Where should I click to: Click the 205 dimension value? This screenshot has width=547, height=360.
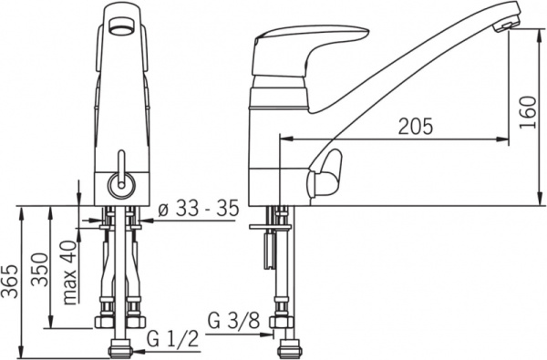[415, 126]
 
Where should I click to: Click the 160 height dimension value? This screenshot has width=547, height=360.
[528, 112]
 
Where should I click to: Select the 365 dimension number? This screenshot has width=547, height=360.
[9, 281]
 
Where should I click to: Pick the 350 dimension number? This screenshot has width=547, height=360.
[39, 269]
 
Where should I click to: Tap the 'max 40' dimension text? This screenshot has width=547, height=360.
[69, 273]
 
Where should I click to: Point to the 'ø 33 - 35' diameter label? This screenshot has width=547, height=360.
[199, 209]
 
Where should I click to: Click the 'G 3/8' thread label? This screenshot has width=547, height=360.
[233, 321]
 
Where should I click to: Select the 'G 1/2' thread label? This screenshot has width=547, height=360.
[172, 338]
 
